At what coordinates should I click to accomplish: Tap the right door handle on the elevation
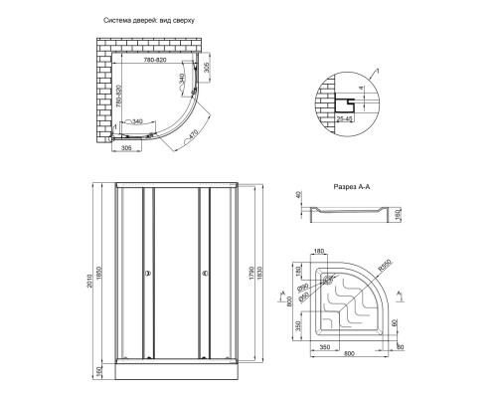(203, 274)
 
